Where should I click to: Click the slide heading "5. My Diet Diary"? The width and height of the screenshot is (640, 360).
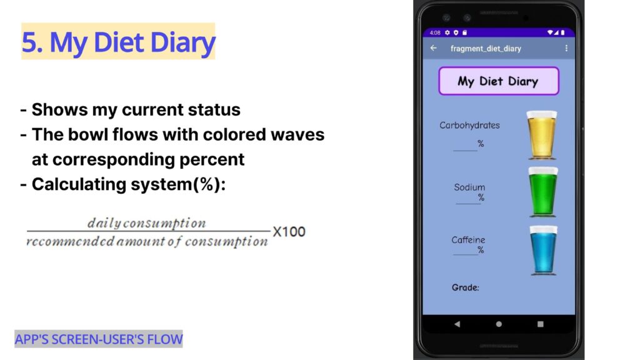coord(118,42)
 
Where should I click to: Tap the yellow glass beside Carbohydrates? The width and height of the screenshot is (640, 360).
coord(542,135)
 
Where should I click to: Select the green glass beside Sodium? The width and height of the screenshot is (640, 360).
coord(543,192)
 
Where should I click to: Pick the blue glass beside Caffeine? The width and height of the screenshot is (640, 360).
coord(543,250)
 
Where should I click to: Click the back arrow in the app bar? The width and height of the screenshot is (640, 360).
coord(434,48)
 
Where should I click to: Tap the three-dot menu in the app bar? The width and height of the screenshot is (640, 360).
coord(566,48)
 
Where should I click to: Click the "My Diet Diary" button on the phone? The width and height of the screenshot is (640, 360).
coord(498,81)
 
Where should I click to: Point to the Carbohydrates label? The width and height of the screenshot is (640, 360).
coord(469,125)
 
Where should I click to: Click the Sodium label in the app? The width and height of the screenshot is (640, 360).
coord(469,187)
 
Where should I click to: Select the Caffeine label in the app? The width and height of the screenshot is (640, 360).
coord(468,239)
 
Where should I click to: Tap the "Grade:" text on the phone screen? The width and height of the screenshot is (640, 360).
coord(465,287)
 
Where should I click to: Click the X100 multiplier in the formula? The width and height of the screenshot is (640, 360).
coord(289,232)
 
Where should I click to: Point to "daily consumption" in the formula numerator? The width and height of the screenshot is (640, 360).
coord(146,223)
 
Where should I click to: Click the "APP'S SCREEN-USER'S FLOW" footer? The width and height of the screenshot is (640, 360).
coord(98,339)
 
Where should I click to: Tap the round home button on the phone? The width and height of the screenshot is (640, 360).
coord(499,324)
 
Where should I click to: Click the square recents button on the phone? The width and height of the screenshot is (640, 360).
coord(541,324)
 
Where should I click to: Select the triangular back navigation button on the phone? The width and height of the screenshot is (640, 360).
coord(457,324)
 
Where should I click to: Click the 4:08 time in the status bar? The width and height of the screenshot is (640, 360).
coord(435,32)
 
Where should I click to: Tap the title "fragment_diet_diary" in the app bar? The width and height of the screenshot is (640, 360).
coord(486,49)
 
